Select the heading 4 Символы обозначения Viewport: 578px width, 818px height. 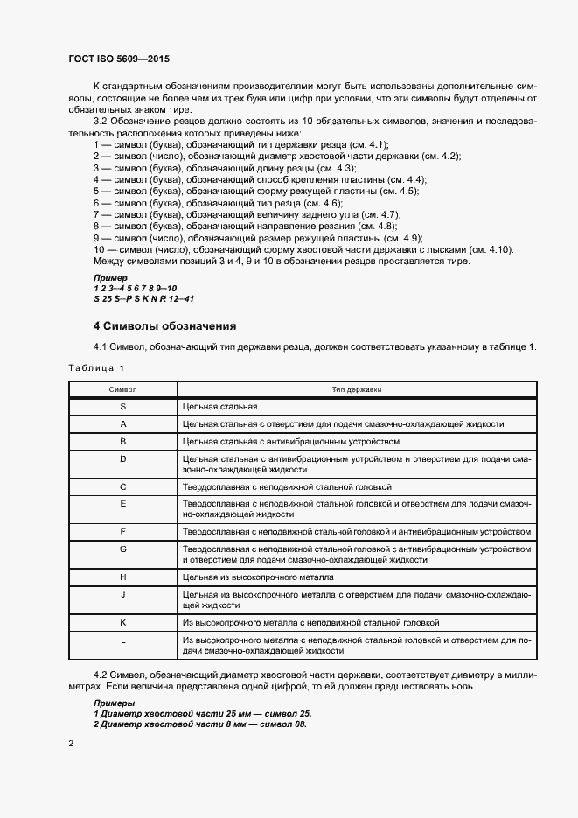point(157,325)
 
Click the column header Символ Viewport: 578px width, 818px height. point(122,388)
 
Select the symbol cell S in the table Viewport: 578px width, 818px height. point(122,407)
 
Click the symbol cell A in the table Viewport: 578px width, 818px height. point(122,424)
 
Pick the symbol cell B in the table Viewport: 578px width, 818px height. point(122,441)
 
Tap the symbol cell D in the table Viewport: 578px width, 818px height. point(122,458)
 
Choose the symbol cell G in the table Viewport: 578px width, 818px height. point(122,549)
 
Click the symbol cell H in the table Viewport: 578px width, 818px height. point(122,577)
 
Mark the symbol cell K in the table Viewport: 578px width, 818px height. point(122,622)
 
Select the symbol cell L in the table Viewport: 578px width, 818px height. point(122,640)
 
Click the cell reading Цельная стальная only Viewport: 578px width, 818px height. point(219,407)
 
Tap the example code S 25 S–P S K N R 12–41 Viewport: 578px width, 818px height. point(143,298)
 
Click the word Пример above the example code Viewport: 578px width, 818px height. point(110,277)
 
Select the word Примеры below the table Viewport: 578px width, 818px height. point(114,703)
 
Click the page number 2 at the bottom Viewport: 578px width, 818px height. point(71,744)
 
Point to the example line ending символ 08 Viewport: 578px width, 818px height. point(200,724)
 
